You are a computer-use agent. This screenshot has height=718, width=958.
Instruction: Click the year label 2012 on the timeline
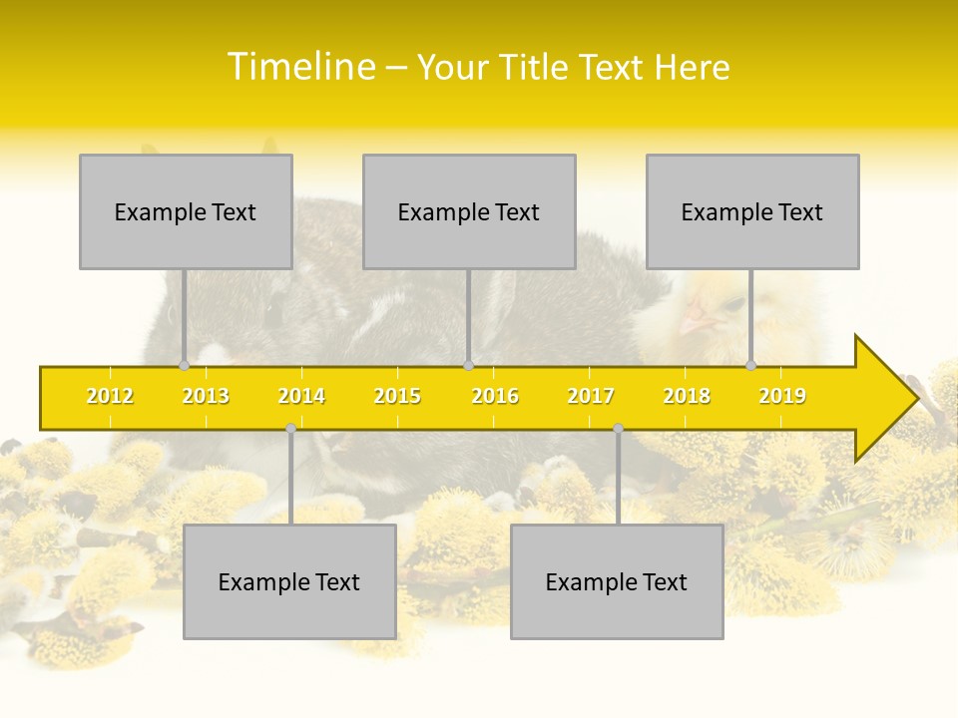click(x=110, y=396)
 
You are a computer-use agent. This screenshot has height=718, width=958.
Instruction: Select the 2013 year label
click(x=206, y=396)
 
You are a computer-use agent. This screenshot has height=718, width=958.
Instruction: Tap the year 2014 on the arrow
click(x=301, y=396)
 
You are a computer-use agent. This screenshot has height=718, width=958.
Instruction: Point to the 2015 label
click(x=397, y=396)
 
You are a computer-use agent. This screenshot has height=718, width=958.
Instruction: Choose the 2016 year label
click(x=495, y=396)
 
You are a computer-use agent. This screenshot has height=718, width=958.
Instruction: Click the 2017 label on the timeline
click(x=591, y=396)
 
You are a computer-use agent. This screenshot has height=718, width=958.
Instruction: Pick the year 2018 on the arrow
click(x=687, y=396)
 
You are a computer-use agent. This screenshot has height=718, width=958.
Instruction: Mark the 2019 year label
click(x=782, y=396)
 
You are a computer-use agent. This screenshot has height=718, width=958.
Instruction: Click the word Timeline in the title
click(x=300, y=67)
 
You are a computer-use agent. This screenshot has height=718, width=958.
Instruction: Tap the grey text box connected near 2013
click(x=186, y=211)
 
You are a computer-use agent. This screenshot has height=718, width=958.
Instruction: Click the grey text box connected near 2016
click(x=469, y=211)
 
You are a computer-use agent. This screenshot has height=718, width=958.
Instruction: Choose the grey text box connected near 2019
click(x=752, y=211)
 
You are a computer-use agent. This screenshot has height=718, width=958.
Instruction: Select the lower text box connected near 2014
click(x=289, y=581)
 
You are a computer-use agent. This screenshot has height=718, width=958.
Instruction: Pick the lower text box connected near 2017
click(x=617, y=581)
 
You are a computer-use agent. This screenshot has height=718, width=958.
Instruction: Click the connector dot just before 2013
click(x=184, y=366)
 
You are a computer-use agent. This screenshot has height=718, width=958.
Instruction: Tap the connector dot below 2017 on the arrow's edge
click(x=618, y=429)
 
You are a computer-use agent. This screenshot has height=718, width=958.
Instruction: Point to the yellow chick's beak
click(x=696, y=321)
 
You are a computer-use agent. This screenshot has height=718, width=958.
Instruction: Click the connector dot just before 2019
click(x=751, y=365)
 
